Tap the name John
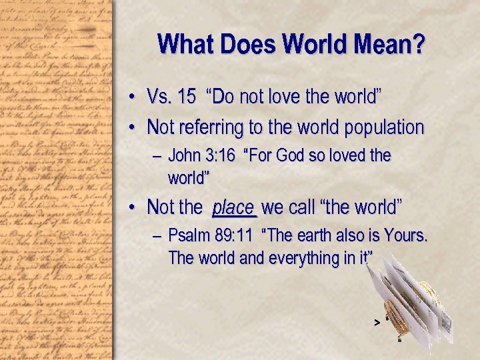[x=185, y=156]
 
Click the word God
[x=293, y=156]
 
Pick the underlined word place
[x=233, y=207]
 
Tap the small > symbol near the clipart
[x=377, y=323]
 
